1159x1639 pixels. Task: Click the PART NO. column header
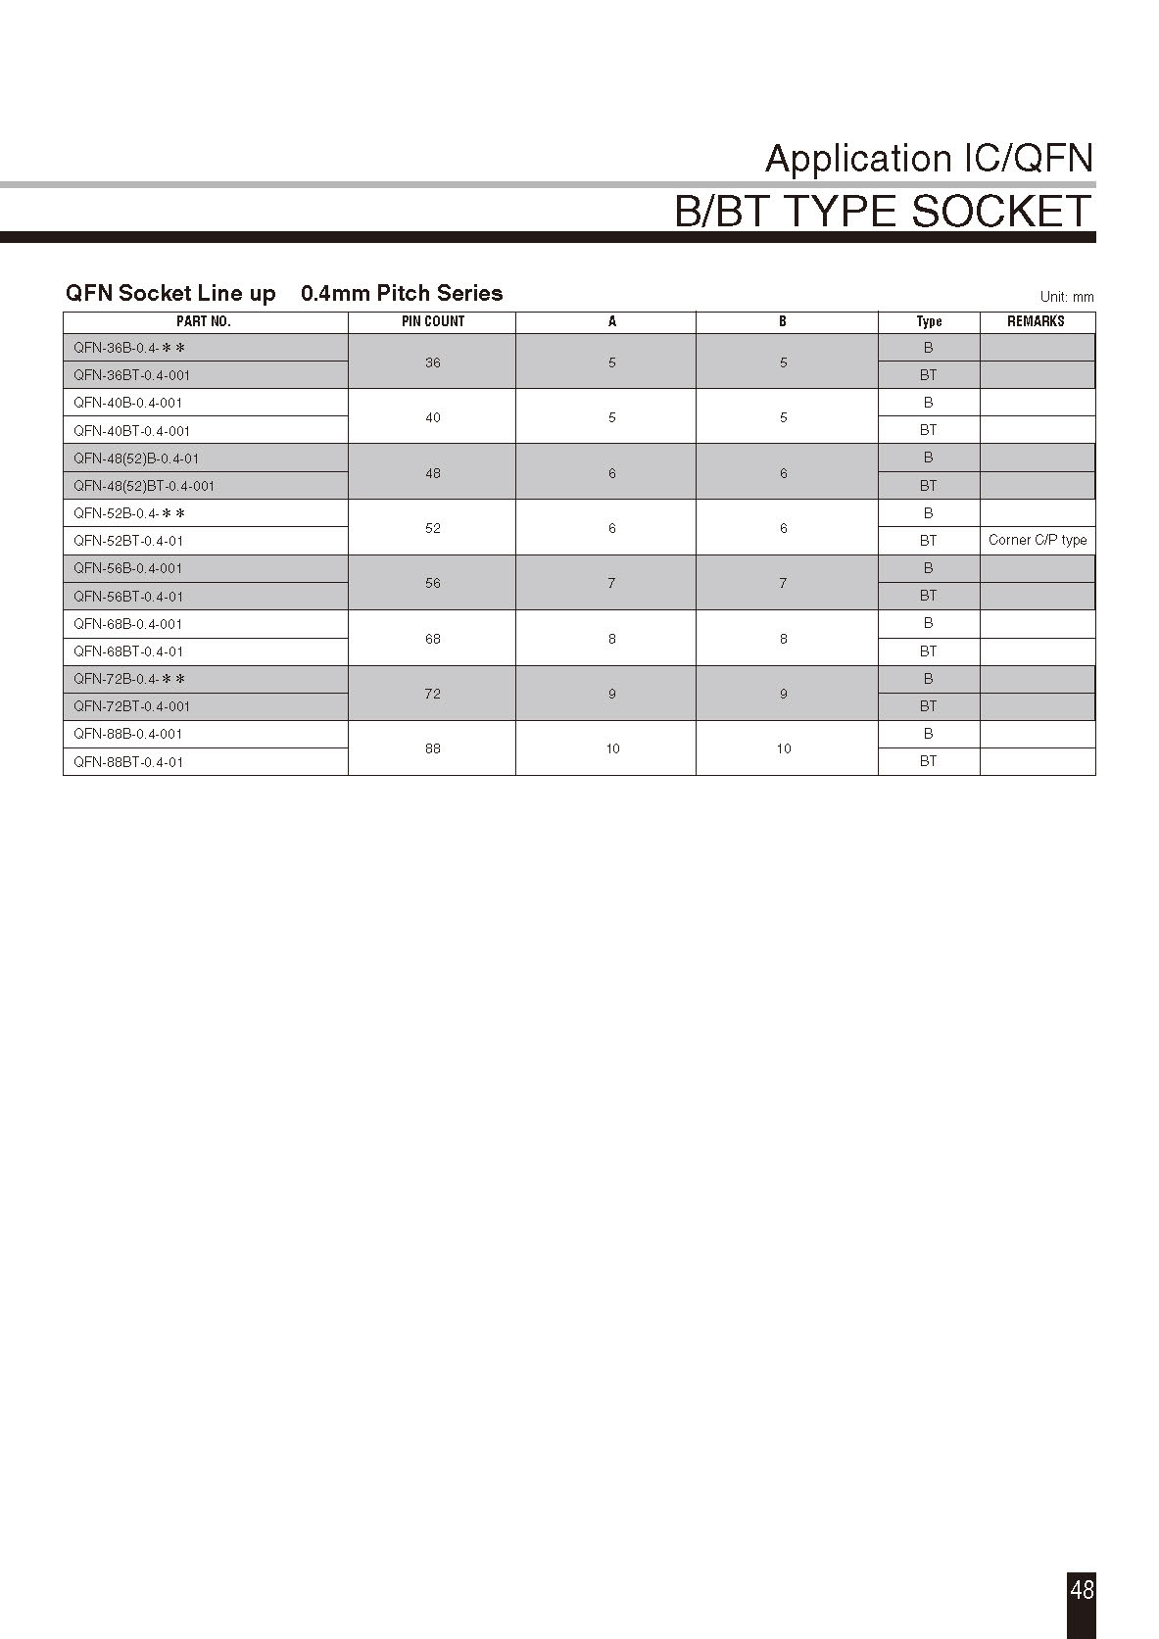click(204, 321)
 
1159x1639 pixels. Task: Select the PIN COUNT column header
click(433, 321)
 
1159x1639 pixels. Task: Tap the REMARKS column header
click(1036, 321)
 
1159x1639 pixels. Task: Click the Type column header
click(929, 321)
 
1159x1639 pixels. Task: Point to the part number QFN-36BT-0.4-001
click(132, 375)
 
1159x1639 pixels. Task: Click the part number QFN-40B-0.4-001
click(128, 403)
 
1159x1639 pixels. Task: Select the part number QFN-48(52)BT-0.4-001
click(144, 486)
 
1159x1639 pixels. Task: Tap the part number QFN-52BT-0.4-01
click(128, 541)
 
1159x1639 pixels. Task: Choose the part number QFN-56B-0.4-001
click(128, 568)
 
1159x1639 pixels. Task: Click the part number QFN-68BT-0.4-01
click(128, 651)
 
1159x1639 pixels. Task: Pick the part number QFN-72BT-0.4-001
click(132, 706)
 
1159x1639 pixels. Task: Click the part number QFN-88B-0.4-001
click(128, 734)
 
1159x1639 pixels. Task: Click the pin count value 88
click(433, 748)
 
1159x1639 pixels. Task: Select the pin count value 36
click(433, 362)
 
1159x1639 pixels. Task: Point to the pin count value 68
click(433, 639)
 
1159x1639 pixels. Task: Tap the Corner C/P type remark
click(1038, 540)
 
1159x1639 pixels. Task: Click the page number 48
click(1082, 1589)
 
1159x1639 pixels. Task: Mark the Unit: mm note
click(1067, 297)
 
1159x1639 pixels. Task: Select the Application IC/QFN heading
click(929, 159)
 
